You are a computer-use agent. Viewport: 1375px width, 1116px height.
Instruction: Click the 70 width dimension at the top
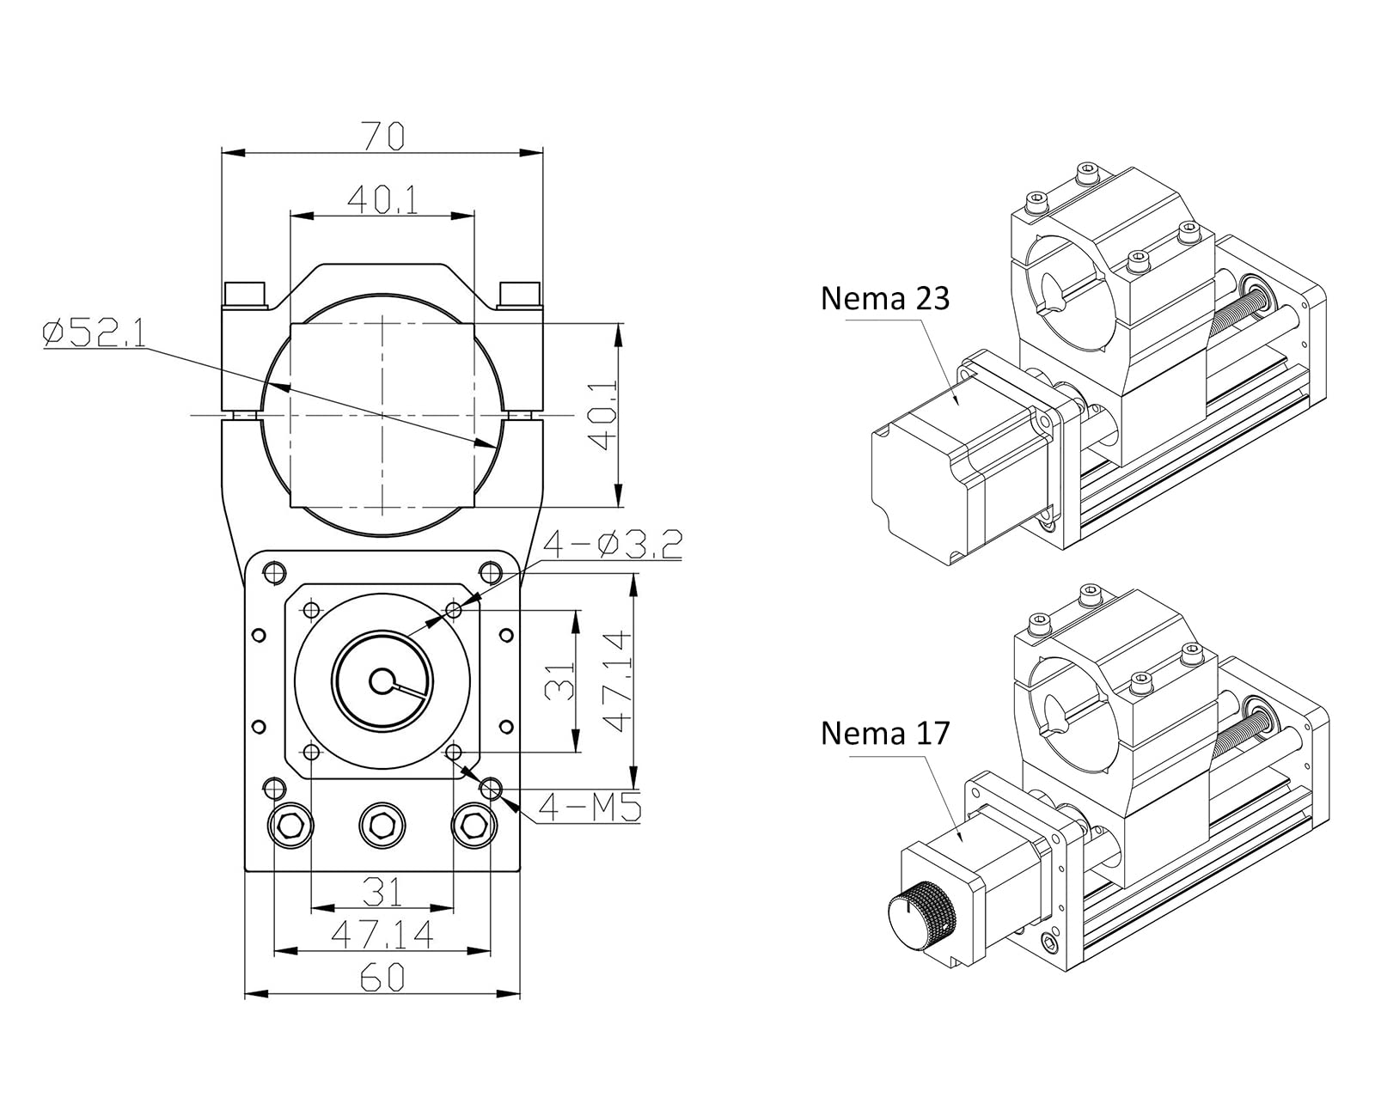(x=382, y=136)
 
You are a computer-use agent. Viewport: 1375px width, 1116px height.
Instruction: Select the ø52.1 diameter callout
(x=94, y=333)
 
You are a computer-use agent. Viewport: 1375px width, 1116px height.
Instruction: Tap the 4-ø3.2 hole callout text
(x=613, y=545)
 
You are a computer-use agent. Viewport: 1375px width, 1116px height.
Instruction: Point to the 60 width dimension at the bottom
(x=382, y=978)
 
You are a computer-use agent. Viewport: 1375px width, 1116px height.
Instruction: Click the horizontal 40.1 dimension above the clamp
(x=382, y=200)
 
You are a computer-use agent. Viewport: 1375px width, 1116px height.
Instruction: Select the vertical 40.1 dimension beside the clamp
(x=606, y=416)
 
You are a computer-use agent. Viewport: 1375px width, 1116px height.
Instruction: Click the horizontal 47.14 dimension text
(x=382, y=935)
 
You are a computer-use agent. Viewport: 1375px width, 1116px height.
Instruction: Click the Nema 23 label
(x=884, y=299)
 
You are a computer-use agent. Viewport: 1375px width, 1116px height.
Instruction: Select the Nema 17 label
(x=884, y=733)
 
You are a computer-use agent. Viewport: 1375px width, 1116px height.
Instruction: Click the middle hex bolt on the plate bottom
(x=382, y=826)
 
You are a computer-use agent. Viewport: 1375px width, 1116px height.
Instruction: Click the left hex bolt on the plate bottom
(x=291, y=826)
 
